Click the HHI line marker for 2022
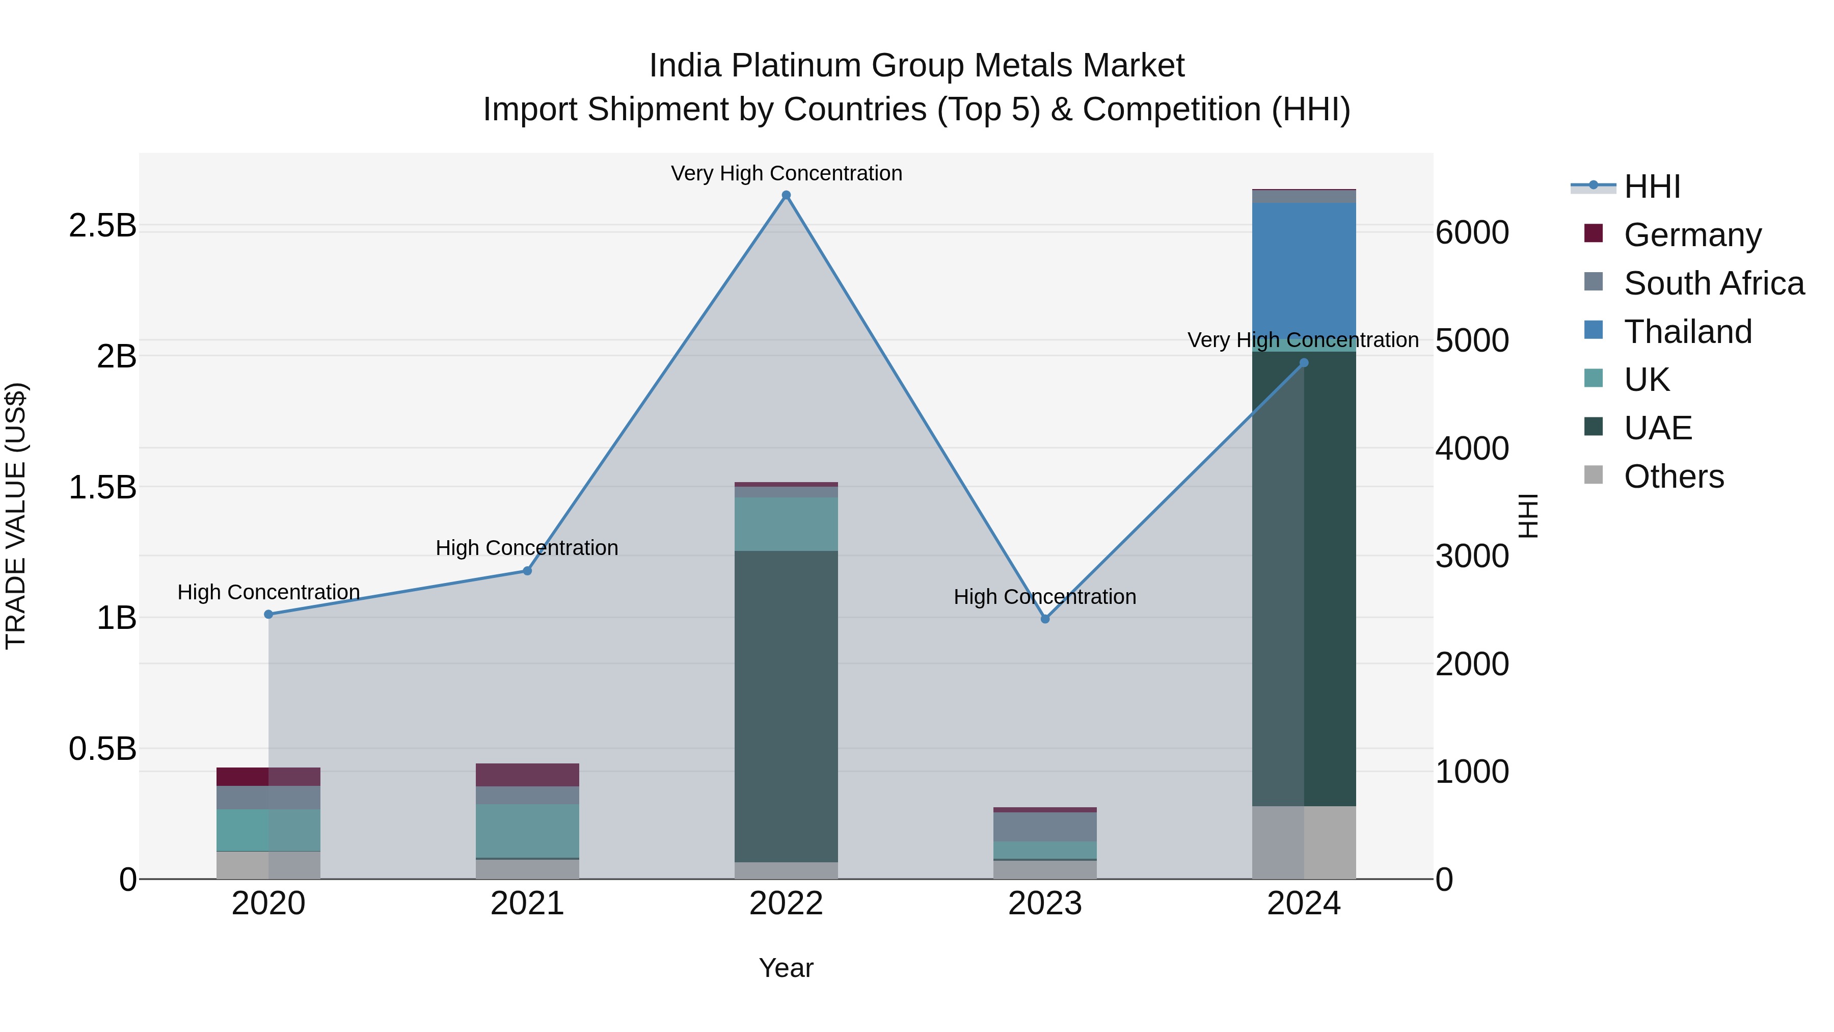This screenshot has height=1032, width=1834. pos(786,195)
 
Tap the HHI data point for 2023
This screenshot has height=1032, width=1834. pos(1045,619)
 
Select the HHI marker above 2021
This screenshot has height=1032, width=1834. pos(528,570)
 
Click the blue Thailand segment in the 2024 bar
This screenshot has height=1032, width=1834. pos(1304,271)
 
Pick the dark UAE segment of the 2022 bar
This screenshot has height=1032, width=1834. pos(786,705)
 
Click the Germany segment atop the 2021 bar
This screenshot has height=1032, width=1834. pos(528,774)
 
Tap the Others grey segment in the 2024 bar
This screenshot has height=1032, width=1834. pos(1304,842)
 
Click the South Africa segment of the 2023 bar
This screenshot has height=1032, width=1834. pos(1045,826)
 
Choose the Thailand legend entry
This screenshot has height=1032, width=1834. pos(1687,332)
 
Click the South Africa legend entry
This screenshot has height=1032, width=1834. pos(1714,283)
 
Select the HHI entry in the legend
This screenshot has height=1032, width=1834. pos(1652,187)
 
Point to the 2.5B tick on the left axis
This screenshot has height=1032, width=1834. pos(102,226)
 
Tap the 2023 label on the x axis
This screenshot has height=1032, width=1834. pos(1045,904)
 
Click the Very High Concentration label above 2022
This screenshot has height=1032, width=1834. pos(786,173)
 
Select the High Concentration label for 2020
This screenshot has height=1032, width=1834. pos(268,592)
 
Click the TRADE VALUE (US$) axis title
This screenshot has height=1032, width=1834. pos(16,516)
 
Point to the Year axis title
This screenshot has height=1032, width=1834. pos(786,968)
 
